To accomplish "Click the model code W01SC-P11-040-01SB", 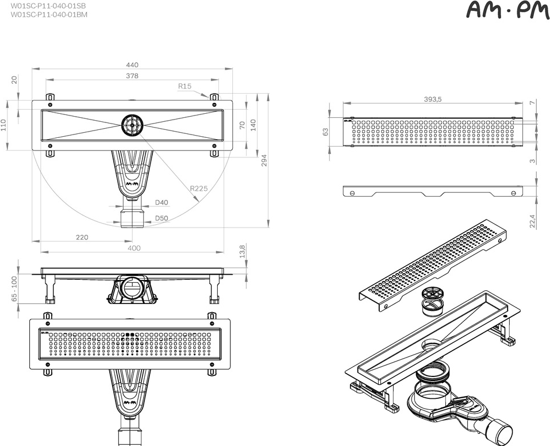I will tap(49, 5).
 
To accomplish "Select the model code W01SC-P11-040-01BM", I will tap(49, 14).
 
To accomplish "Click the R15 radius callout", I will tap(184, 86).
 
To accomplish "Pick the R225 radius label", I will tap(199, 188).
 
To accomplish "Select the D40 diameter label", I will tap(161, 202).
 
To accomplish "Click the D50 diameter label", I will tap(161, 218).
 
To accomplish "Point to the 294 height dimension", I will tap(265, 160).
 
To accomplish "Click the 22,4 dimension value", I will tap(533, 221).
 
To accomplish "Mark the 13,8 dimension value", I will tap(243, 251).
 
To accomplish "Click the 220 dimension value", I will tap(82, 237).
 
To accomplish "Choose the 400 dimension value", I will tap(133, 248).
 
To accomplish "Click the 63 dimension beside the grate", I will tap(326, 132).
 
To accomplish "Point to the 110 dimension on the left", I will tap(4, 125).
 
